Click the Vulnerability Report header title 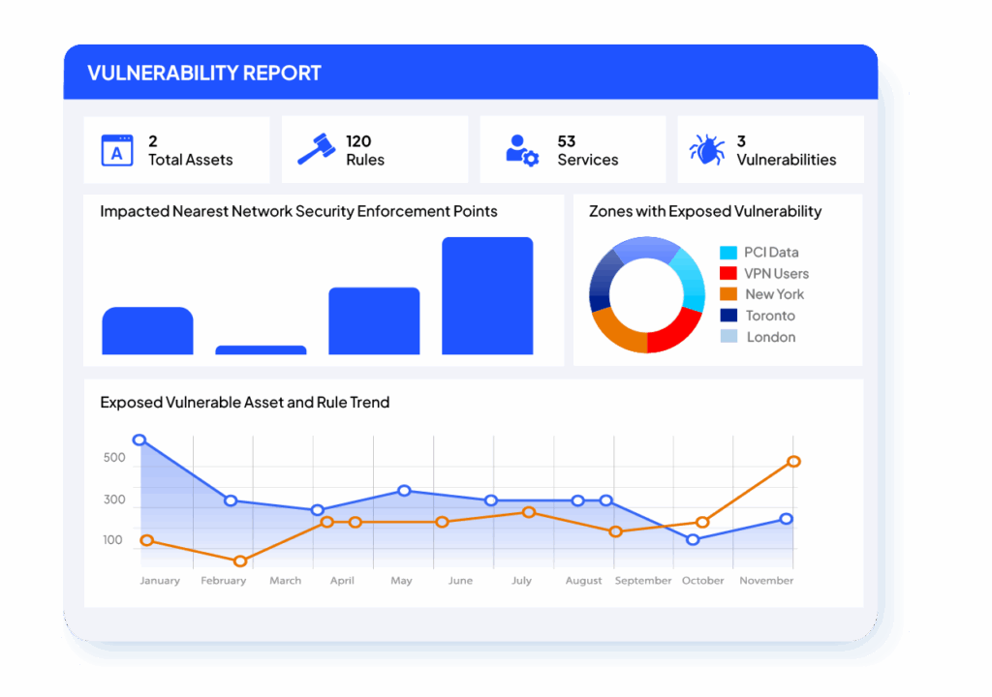[203, 74]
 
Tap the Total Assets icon [117, 150]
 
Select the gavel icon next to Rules [315, 150]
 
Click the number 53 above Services [567, 141]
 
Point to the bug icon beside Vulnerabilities [707, 150]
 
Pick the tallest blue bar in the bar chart [487, 295]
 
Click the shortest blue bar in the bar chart [261, 349]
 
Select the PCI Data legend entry [771, 253]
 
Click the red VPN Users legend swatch [728, 274]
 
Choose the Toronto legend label [770, 316]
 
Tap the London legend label [771, 337]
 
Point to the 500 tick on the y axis [114, 458]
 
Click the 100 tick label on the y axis [114, 540]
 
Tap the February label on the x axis [223, 581]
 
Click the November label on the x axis [766, 581]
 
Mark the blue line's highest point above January [139, 439]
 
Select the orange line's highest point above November [793, 462]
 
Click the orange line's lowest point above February [240, 561]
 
